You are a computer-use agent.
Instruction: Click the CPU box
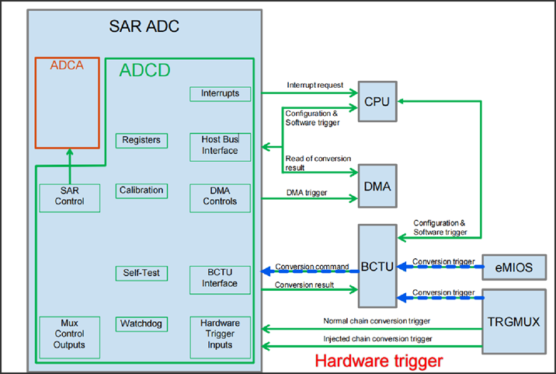[x=377, y=101]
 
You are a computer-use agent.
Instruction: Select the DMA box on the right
[x=377, y=187]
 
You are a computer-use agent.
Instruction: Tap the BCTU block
[x=377, y=265]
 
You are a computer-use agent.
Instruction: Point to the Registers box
[x=141, y=140]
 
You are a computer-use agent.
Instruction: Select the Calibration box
[x=141, y=190]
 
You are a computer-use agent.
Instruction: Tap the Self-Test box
[x=141, y=274]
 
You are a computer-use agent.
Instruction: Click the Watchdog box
[x=141, y=323]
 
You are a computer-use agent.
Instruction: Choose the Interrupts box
[x=221, y=94]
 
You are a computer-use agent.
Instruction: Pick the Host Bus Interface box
[x=221, y=145]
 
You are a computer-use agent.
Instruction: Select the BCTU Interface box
[x=221, y=278]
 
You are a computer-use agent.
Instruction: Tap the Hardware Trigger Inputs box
[x=221, y=336]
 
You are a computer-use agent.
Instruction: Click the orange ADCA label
[x=67, y=66]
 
